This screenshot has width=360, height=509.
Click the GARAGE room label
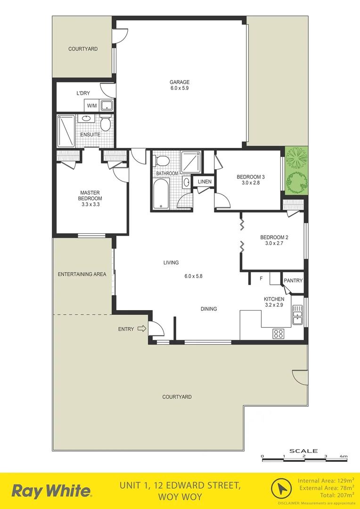pyautogui.click(x=180, y=82)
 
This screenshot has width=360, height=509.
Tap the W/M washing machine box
pyautogui.click(x=91, y=106)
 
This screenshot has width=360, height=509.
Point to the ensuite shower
pyautogui.click(x=65, y=131)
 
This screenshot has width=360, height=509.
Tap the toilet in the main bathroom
pyautogui.click(x=162, y=161)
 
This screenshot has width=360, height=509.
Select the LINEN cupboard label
pyautogui.click(x=205, y=182)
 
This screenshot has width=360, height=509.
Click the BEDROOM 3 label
pyautogui.click(x=250, y=177)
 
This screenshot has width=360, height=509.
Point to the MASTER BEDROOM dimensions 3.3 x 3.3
pyautogui.click(x=91, y=205)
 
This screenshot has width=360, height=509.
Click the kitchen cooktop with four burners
pyautogui.click(x=278, y=333)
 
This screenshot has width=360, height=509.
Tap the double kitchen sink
pyautogui.click(x=297, y=314)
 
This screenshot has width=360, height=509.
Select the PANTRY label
pyautogui.click(x=293, y=281)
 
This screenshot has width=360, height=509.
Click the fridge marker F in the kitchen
pyautogui.click(x=261, y=279)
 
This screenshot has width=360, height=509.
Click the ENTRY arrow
pyautogui.click(x=141, y=329)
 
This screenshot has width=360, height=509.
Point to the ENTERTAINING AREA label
pyautogui.click(x=82, y=274)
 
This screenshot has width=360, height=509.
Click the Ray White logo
pyautogui.click(x=51, y=491)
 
